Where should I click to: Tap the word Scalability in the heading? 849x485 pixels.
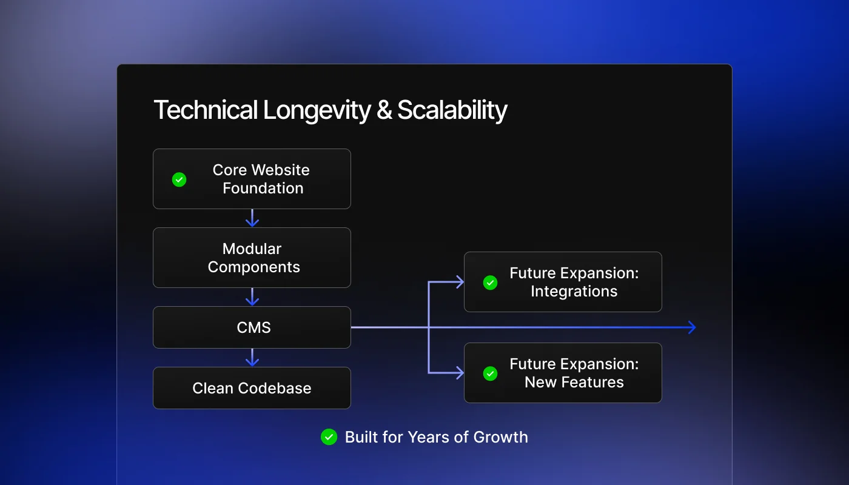tap(452, 111)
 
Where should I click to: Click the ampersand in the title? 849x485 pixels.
tap(384, 111)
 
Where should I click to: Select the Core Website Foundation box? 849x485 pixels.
tap(252, 179)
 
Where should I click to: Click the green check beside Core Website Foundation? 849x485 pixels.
tap(179, 179)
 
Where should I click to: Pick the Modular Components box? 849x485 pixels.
tap(252, 258)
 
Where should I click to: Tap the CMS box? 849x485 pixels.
tap(252, 327)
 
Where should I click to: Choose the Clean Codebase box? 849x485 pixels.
tap(252, 388)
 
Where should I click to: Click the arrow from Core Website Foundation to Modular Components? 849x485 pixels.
tap(252, 218)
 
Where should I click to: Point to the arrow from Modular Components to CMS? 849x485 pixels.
tap(252, 297)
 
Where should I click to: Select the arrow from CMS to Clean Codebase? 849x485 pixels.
tap(252, 358)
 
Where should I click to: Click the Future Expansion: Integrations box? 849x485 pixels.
tap(563, 282)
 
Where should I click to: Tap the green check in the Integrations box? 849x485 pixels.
tap(490, 283)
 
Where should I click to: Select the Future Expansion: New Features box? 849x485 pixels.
tap(563, 373)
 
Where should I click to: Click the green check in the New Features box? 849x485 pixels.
tap(490, 373)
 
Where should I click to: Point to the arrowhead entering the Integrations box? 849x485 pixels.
tap(459, 282)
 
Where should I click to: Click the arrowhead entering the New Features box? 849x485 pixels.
tap(459, 373)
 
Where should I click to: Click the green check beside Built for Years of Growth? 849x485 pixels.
tap(329, 437)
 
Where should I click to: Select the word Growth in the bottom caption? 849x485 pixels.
tap(500, 437)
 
